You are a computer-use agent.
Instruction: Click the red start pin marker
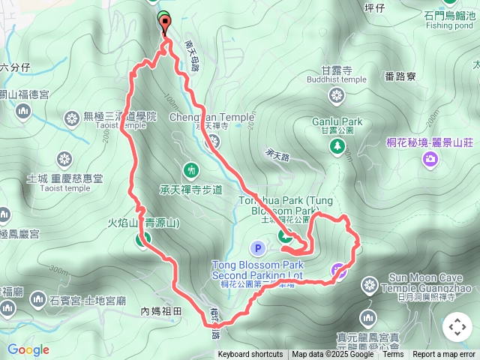tap(164, 23)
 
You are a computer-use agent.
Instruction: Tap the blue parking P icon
tap(258, 247)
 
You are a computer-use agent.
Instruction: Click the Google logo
tap(28, 349)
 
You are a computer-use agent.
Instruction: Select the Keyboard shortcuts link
tap(250, 355)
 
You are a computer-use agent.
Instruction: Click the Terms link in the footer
tap(392, 355)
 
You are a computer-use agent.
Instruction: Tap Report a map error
tap(445, 355)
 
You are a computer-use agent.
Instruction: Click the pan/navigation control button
tap(457, 327)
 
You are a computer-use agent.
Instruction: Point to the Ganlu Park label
tap(337, 121)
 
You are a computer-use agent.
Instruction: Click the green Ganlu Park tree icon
tap(337, 142)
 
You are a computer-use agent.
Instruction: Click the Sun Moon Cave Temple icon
tap(369, 283)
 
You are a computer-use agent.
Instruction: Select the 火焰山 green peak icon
tap(142, 240)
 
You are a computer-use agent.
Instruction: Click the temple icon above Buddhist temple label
tap(337, 95)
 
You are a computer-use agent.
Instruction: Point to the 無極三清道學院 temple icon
tap(72, 117)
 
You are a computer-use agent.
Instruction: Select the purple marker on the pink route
tap(339, 271)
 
